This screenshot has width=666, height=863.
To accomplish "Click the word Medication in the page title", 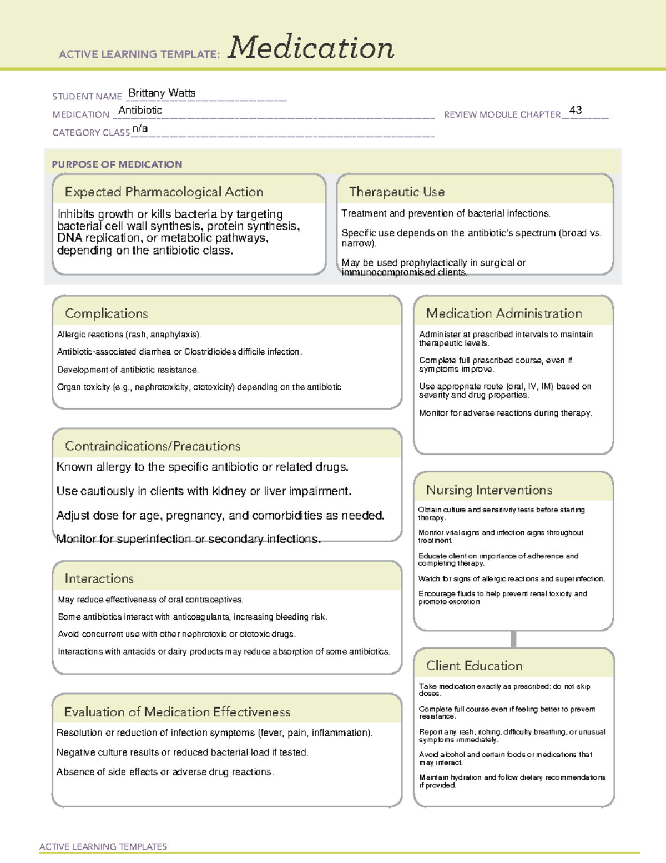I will click(x=311, y=48).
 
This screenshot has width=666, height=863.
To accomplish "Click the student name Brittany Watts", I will click(x=162, y=93).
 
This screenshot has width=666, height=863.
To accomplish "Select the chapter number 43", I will click(x=576, y=110).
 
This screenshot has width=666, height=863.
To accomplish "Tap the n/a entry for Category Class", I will click(x=140, y=129).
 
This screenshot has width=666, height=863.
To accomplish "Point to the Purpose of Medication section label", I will click(x=117, y=164).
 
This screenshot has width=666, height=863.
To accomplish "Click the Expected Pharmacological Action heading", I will click(x=164, y=192).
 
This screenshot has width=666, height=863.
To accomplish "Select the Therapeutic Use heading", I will click(x=396, y=192).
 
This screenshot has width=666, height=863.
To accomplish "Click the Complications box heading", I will click(x=106, y=313).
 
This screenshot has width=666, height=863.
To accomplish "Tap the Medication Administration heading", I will click(x=503, y=313).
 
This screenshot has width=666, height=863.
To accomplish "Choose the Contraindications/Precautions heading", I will click(x=152, y=446).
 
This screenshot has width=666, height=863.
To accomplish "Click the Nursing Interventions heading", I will click(x=488, y=490).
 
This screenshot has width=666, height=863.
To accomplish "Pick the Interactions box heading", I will click(x=99, y=578).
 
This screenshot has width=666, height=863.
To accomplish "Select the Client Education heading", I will click(x=474, y=666).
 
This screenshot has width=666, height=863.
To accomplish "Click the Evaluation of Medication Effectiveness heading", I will click(x=177, y=712).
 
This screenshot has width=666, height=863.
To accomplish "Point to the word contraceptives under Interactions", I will click(x=214, y=600).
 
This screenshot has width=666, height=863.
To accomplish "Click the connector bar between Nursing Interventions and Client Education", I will click(x=513, y=639).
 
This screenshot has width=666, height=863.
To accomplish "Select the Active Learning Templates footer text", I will click(x=103, y=846).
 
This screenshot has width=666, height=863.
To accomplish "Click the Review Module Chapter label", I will click(x=502, y=114).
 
